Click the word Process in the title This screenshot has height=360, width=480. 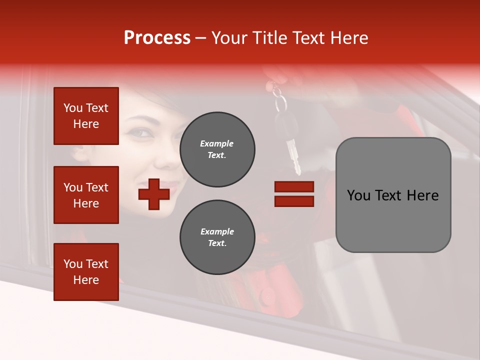pyautogui.click(x=157, y=38)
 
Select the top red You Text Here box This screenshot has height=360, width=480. pyautogui.click(x=86, y=116)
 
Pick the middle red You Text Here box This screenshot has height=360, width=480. pyautogui.click(x=86, y=195)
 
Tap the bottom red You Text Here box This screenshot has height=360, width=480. pyautogui.click(x=86, y=272)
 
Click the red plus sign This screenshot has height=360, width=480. pyautogui.click(x=154, y=194)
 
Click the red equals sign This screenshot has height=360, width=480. pyautogui.click(x=294, y=194)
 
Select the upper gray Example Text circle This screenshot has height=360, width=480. pyautogui.click(x=217, y=149)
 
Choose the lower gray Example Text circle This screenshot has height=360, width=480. pyautogui.click(x=217, y=237)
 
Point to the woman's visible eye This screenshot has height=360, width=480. pyautogui.click(x=141, y=132)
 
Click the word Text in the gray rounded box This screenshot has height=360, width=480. pyautogui.click(x=392, y=195)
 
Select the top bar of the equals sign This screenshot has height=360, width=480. pyautogui.click(x=294, y=186)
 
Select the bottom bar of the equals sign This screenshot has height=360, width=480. pyautogui.click(x=294, y=201)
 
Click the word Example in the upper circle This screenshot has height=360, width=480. pyautogui.click(x=217, y=143)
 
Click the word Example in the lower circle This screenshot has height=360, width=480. pyautogui.click(x=217, y=231)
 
